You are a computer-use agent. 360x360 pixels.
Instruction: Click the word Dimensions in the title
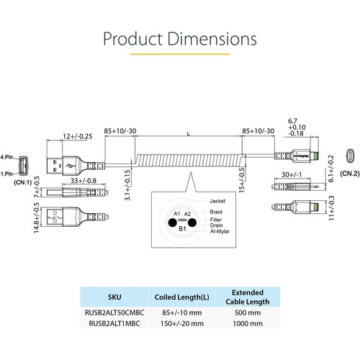tap(212, 39)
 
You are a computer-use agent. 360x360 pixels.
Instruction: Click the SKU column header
tap(114, 297)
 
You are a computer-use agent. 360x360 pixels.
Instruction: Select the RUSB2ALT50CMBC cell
tap(114, 312)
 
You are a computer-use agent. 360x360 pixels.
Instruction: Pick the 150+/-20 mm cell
tap(182, 323)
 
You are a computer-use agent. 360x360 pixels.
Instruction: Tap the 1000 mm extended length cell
tap(248, 323)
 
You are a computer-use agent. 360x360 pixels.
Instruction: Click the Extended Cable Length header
tap(248, 297)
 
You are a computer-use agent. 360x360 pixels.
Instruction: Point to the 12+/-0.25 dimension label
tap(78, 136)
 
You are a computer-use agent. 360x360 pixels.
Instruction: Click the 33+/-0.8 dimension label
tap(84, 181)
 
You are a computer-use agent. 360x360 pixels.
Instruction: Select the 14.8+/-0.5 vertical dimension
tap(37, 218)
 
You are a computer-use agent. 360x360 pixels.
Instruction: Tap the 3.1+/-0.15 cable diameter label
tap(127, 185)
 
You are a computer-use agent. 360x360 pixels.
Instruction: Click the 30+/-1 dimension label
tap(292, 174)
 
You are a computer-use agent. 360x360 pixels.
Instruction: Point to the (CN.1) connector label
tap(22, 182)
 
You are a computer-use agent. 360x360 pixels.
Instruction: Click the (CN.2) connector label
tap(350, 174)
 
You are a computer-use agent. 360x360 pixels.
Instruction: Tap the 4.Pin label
tap(6, 157)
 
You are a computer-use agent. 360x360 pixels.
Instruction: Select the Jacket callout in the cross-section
tap(217, 201)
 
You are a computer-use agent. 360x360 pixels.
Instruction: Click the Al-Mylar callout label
tap(220, 231)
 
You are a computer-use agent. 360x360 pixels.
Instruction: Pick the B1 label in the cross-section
tap(182, 229)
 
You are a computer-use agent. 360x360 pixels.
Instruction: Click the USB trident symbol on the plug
tap(71, 166)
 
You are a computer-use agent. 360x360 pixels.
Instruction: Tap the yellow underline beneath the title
tap(180, 54)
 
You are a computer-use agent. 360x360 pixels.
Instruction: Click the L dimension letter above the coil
tap(189, 134)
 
